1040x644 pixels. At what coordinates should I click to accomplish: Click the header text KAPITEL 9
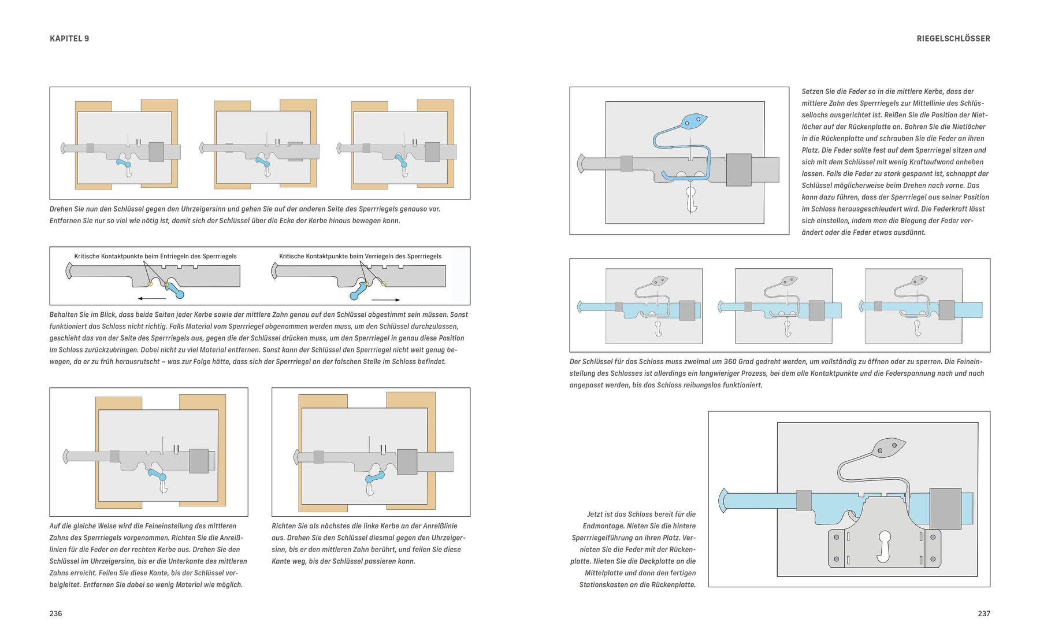tap(69, 39)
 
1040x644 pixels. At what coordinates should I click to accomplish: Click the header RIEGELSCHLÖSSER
tap(953, 39)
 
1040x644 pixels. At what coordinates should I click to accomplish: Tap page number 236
tap(55, 613)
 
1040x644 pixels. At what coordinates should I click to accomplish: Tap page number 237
tap(984, 613)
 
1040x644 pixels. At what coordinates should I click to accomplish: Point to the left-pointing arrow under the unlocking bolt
tap(152, 298)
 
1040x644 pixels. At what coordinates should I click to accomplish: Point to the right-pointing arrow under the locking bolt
tap(385, 299)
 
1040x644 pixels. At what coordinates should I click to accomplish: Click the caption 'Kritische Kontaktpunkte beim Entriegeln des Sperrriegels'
tap(155, 256)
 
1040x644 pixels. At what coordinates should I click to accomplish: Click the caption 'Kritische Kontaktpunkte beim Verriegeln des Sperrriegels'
tap(360, 256)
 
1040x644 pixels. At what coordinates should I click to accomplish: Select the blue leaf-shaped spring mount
tap(694, 121)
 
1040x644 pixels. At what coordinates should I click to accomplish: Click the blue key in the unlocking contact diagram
tap(174, 290)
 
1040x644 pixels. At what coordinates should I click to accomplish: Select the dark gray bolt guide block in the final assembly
tap(945, 508)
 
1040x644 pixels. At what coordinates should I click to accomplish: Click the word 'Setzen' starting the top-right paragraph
tap(813, 91)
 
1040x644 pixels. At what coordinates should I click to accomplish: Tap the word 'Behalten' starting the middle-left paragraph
tap(64, 315)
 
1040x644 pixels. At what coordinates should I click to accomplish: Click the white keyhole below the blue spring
tap(690, 199)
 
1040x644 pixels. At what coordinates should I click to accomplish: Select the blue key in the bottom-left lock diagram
tap(158, 475)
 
